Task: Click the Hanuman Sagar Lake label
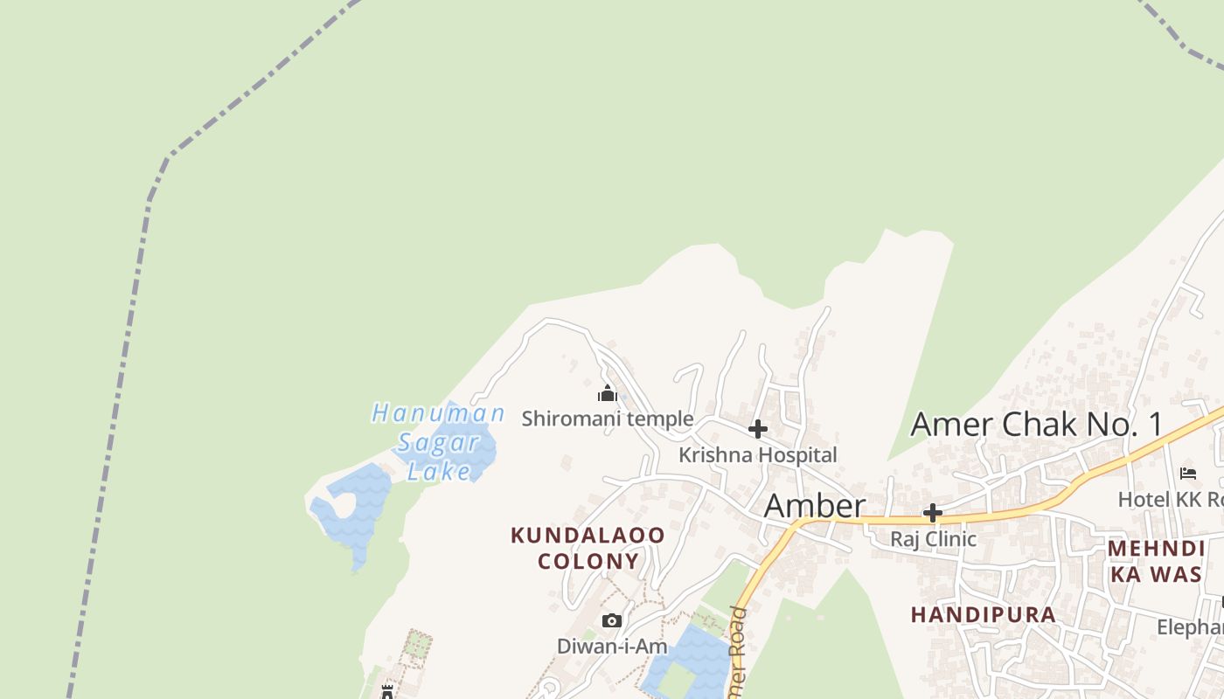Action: [438, 441]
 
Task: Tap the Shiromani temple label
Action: [608, 419]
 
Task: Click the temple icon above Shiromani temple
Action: [608, 394]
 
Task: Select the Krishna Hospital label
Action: [758, 455]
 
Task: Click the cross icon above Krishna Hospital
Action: [758, 429]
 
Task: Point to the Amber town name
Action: [815, 507]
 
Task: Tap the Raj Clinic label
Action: [933, 539]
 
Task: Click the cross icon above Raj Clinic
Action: [933, 513]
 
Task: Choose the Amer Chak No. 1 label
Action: [1037, 425]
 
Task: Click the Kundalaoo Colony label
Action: [588, 548]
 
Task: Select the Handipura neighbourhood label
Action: [984, 615]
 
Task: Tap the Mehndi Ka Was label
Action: [1157, 561]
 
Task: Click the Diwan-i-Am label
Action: [612, 647]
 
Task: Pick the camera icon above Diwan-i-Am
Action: [612, 621]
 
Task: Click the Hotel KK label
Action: [1170, 500]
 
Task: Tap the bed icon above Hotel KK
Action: [1188, 474]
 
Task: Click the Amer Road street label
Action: [738, 651]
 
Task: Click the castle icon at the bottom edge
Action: [387, 692]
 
